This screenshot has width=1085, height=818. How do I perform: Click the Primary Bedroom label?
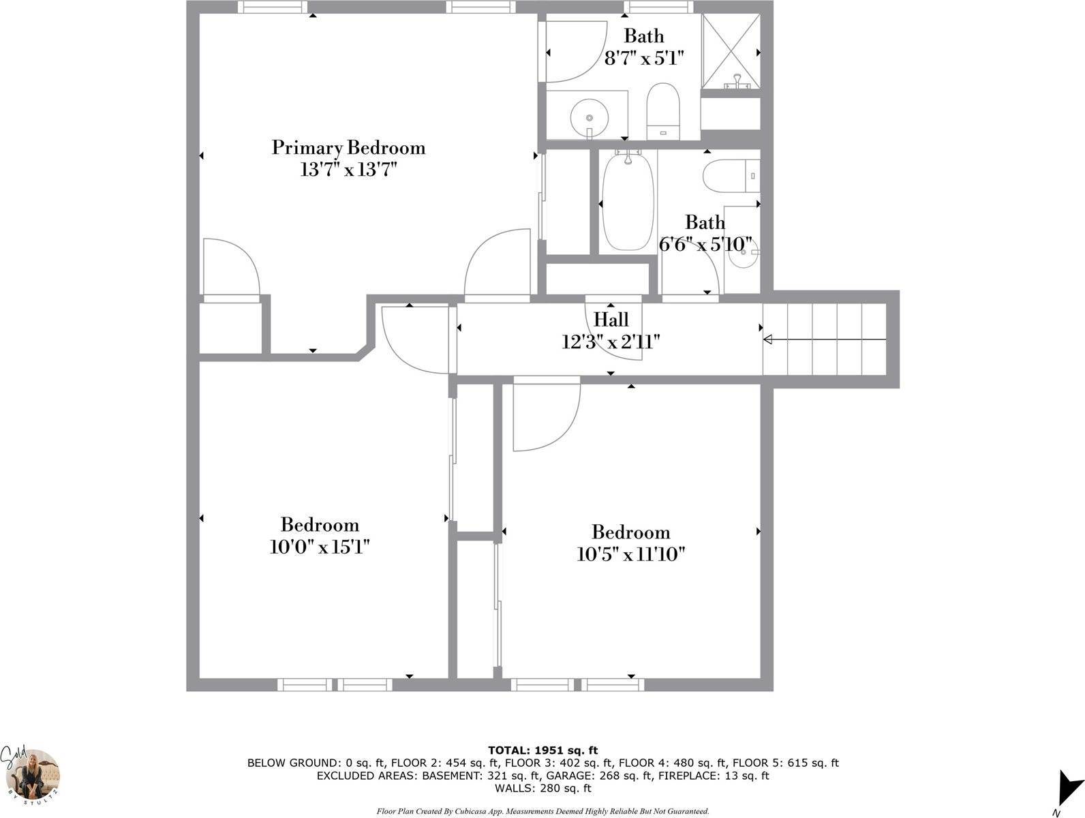click(x=348, y=148)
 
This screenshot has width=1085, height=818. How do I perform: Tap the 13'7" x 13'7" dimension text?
click(x=348, y=170)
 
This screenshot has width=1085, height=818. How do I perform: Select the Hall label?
click(x=611, y=319)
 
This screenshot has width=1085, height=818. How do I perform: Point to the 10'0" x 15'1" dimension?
click(x=320, y=547)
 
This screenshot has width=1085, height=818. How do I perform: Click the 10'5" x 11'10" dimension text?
click(x=630, y=554)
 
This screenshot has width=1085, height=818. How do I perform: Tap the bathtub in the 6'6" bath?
click(x=628, y=202)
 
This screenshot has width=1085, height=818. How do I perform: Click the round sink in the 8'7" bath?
click(x=590, y=118)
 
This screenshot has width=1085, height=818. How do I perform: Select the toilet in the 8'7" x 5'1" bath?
click(x=663, y=111)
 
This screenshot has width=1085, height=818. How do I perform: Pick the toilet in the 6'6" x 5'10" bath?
click(x=731, y=176)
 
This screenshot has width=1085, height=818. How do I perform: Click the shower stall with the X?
click(x=731, y=51)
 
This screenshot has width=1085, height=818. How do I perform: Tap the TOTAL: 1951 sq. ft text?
click(x=542, y=751)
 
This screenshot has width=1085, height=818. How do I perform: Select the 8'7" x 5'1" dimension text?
click(x=644, y=59)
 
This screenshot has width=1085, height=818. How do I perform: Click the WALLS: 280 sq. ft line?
click(x=542, y=788)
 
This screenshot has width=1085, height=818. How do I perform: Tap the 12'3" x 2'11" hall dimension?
click(x=611, y=342)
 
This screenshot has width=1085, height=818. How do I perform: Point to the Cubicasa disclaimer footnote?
click(x=542, y=811)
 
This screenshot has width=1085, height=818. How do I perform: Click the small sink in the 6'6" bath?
click(x=743, y=254)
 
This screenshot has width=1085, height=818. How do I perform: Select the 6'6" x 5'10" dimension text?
click(x=705, y=243)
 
